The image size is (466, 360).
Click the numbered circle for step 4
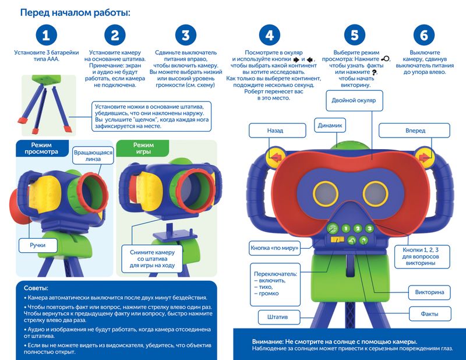pos(269,35)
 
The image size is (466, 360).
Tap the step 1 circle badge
pos(46,35)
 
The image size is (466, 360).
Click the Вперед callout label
pos(414,130)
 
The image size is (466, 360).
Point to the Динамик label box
pos(330,125)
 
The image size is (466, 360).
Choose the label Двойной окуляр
pos(354,100)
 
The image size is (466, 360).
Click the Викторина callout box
pos(429,292)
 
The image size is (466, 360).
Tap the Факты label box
pos(430,314)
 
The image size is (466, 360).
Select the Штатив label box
pos(278,317)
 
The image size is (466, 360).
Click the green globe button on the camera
pos(333,228)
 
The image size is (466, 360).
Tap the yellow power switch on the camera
pos(338,239)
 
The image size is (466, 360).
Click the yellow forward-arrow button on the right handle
pos(423,155)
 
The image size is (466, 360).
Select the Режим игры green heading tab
pos(143,149)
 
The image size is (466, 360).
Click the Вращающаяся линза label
pos(93,156)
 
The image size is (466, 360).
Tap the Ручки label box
pos(38,245)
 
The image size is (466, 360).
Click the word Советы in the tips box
pos(36,288)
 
